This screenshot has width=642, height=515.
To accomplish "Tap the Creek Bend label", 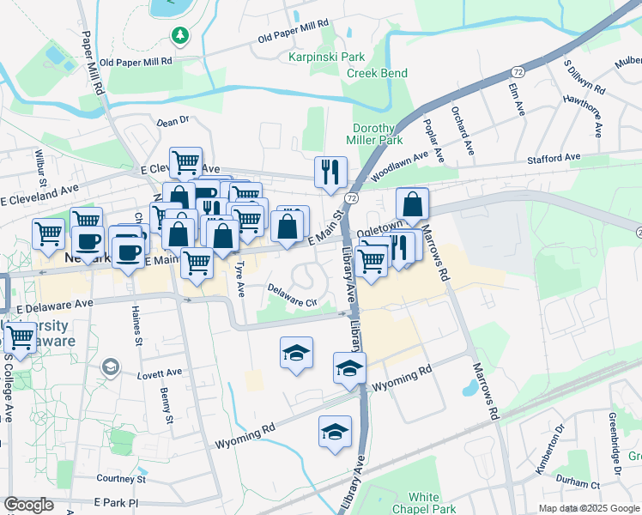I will tap(377, 73).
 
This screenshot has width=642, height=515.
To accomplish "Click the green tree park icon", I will tap(180, 35).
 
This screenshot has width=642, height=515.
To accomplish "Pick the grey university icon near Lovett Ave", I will tap(110, 367).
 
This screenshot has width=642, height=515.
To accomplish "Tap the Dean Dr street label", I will tap(172, 123).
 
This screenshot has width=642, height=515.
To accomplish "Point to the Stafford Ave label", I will tap(554, 158).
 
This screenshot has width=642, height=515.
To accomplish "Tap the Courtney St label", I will tap(123, 478).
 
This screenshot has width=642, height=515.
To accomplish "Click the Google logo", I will tap(29, 505).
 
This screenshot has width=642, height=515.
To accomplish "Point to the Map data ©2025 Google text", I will tap(588, 508).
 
